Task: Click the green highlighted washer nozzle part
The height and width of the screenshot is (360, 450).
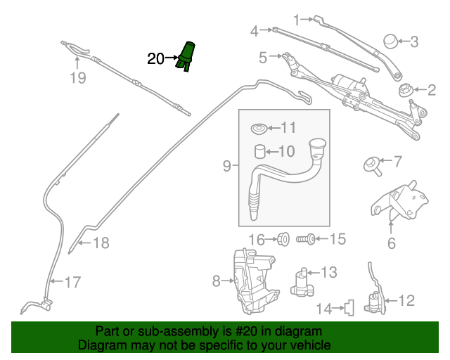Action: [x=187, y=56]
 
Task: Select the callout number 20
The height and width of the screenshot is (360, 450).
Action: [x=155, y=59]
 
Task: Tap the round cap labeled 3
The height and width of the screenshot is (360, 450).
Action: [x=390, y=40]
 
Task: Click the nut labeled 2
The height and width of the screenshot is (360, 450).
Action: [x=406, y=90]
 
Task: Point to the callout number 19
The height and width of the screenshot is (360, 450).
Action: [x=77, y=78]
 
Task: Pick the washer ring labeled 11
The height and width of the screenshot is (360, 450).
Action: [x=259, y=129]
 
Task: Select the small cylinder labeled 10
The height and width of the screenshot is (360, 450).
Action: [x=259, y=151]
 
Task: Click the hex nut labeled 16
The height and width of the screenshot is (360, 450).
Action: [x=284, y=239]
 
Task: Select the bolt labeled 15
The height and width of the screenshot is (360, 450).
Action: [x=307, y=240]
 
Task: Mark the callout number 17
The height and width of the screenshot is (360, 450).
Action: [x=72, y=283]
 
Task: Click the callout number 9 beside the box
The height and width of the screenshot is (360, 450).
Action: [x=226, y=166]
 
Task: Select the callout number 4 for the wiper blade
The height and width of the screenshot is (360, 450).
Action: [x=255, y=30]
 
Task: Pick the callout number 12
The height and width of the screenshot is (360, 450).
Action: [x=406, y=301]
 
